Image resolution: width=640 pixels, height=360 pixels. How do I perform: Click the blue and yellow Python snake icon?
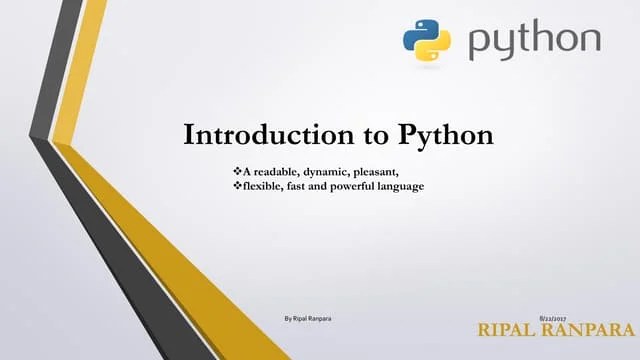[427, 40]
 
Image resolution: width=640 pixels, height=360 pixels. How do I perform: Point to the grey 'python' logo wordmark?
[534, 42]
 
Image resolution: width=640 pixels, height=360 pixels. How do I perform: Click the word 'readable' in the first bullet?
[272, 173]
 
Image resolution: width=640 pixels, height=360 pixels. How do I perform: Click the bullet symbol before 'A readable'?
[235, 173]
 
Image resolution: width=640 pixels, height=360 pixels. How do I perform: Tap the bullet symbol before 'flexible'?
[235, 186]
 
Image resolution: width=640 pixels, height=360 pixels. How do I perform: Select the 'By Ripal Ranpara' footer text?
[308, 317]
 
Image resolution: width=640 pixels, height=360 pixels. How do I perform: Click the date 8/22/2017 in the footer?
[553, 317]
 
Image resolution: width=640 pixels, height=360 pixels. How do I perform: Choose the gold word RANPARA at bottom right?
[591, 330]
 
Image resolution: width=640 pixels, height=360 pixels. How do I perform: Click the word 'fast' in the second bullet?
[303, 186]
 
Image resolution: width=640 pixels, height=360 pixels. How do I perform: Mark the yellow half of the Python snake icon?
[436, 49]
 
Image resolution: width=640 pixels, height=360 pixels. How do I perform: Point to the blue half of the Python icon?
[418, 32]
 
